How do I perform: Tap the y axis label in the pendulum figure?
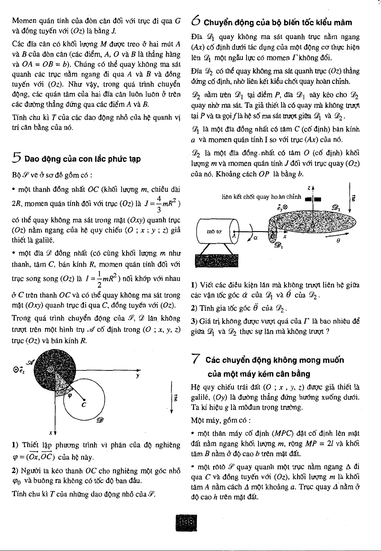[x=138, y=376]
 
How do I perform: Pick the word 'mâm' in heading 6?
[x=342, y=22]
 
